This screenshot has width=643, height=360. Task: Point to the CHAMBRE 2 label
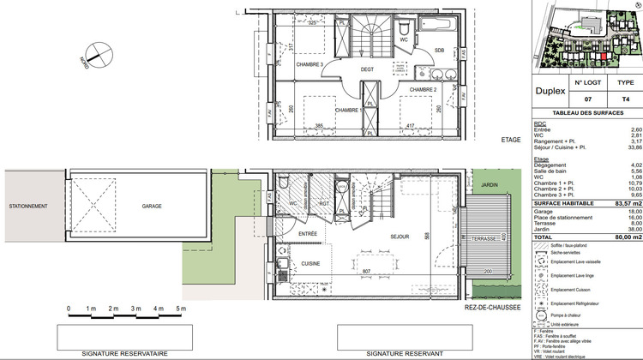(423, 89)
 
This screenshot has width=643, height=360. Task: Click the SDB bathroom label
(438, 50)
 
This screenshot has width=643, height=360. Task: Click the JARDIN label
(490, 184)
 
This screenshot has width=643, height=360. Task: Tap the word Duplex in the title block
(550, 89)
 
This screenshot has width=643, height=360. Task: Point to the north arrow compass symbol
(100, 53)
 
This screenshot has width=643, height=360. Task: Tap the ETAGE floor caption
(510, 140)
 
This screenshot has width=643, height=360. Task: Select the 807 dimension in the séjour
(367, 272)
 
